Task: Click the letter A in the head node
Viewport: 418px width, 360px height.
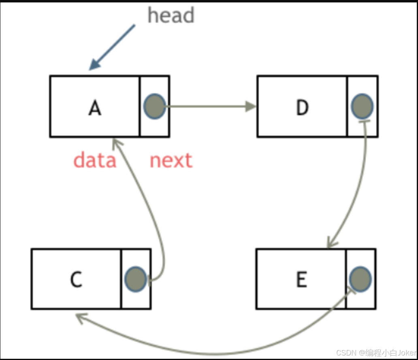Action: (95, 108)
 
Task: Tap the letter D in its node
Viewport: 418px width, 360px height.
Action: (302, 108)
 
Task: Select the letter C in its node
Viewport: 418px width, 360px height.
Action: (76, 279)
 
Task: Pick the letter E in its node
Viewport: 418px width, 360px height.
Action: (302, 279)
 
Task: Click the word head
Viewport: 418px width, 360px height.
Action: (171, 15)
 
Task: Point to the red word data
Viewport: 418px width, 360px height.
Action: (95, 160)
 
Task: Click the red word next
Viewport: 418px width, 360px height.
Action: (171, 160)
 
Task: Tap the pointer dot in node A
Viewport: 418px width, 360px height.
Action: (154, 106)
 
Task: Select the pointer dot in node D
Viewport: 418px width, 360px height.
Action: (362, 106)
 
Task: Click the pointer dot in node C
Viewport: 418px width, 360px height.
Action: (136, 279)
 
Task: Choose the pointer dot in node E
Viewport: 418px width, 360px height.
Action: (360, 279)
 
